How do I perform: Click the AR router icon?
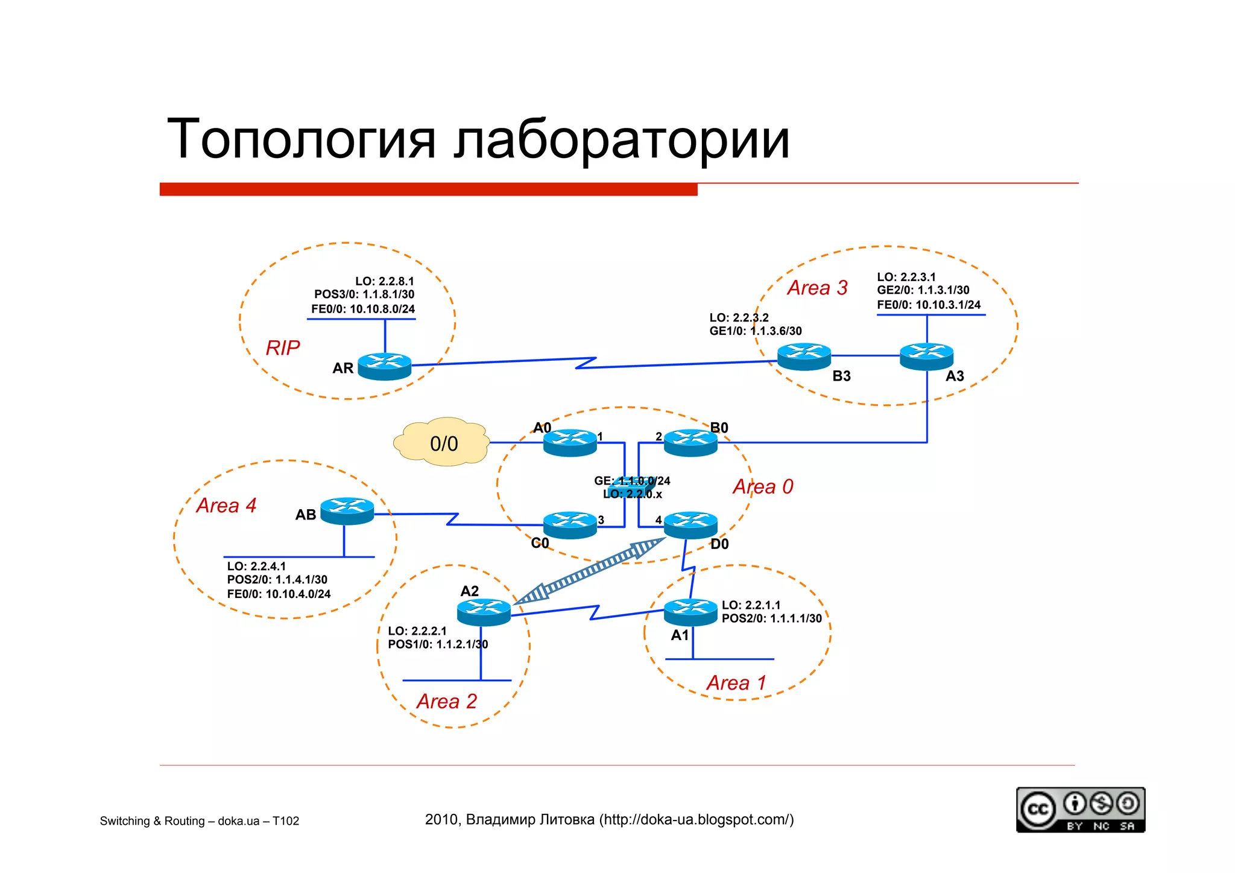coord(384,366)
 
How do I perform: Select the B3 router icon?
coord(804,357)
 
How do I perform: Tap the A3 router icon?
coord(926,357)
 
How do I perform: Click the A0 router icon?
coord(570,442)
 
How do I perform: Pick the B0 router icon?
coord(690,442)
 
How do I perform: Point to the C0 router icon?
coord(570,525)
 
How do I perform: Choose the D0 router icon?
coord(690,525)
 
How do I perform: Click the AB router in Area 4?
coord(347,510)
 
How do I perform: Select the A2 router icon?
coord(484,612)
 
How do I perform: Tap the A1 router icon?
coord(690,612)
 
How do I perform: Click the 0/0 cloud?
coord(443,443)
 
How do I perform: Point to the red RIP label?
coord(283,348)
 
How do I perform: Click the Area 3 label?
coord(817,288)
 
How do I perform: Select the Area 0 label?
coord(763,486)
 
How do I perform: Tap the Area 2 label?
coord(446,701)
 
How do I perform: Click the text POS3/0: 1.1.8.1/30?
coord(364,294)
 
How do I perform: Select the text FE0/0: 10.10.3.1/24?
coord(929,305)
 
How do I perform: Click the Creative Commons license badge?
coord(1080,810)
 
